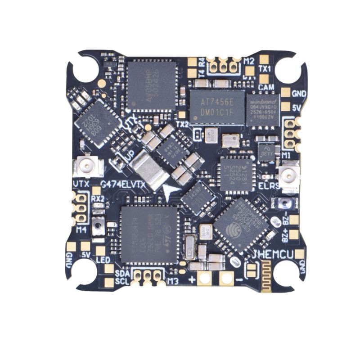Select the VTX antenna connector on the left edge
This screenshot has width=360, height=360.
coord(85,167)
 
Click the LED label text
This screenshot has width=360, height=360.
coord(103,260)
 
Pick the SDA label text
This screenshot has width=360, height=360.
coord(122,273)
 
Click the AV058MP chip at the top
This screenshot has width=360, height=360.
coord(151,86)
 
